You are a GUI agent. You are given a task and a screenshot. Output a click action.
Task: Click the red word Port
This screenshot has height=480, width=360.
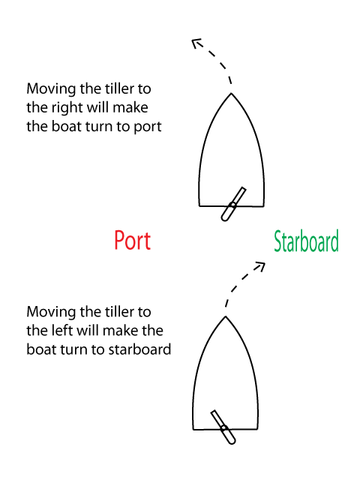132,241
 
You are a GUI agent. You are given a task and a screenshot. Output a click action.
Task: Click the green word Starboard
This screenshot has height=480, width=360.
307,241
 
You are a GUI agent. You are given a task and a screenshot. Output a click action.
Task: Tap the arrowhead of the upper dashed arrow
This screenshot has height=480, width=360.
196,43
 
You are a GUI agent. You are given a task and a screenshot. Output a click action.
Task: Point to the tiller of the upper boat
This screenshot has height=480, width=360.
233,204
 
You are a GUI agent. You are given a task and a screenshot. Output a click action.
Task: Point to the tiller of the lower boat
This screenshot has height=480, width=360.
223,427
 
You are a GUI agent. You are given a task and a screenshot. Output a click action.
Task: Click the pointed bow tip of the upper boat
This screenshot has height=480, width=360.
231,93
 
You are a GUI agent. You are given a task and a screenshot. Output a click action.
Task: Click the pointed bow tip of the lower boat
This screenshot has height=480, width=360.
225,316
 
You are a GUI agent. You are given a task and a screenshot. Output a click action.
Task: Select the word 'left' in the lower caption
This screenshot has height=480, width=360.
63,330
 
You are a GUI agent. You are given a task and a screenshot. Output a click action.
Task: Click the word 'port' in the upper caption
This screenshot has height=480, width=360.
148,127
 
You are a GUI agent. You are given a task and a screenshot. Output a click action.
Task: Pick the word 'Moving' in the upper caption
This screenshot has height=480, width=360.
51,89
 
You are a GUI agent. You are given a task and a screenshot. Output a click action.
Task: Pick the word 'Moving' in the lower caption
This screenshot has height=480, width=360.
51,313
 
